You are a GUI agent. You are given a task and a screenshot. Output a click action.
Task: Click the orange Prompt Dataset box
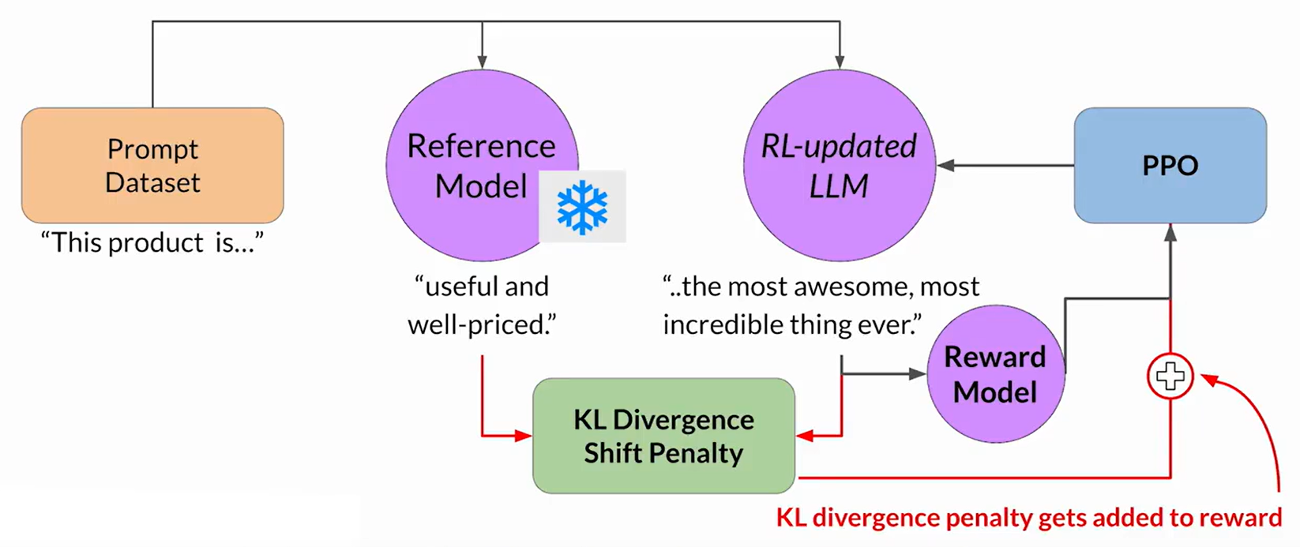pyautogui.click(x=152, y=165)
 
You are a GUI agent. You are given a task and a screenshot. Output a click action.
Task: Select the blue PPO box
pyautogui.click(x=1170, y=165)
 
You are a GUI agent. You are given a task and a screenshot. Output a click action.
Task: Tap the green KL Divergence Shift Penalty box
pyautogui.click(x=663, y=436)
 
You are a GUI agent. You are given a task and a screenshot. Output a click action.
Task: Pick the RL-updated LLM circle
pyautogui.click(x=839, y=165)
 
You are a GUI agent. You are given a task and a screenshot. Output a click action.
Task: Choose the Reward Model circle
pyautogui.click(x=994, y=374)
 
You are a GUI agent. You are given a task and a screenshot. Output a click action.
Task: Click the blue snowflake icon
pyautogui.click(x=582, y=207)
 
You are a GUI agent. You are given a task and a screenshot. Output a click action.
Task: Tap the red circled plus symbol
pyautogui.click(x=1170, y=377)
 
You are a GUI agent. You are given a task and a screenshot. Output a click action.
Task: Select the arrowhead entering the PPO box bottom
pyautogui.click(x=1170, y=231)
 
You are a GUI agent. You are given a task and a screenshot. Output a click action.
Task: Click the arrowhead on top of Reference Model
pyautogui.click(x=482, y=62)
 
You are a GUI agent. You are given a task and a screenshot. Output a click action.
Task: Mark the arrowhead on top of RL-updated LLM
pyautogui.click(x=840, y=62)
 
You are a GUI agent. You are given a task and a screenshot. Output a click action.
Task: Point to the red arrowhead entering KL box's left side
pyautogui.click(x=523, y=436)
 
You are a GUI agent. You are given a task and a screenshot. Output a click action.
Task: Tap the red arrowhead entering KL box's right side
pyautogui.click(x=805, y=436)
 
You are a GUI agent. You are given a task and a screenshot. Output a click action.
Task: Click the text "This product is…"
pyautogui.click(x=152, y=243)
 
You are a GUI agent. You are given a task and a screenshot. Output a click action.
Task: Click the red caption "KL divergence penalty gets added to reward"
pyautogui.click(x=1028, y=518)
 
